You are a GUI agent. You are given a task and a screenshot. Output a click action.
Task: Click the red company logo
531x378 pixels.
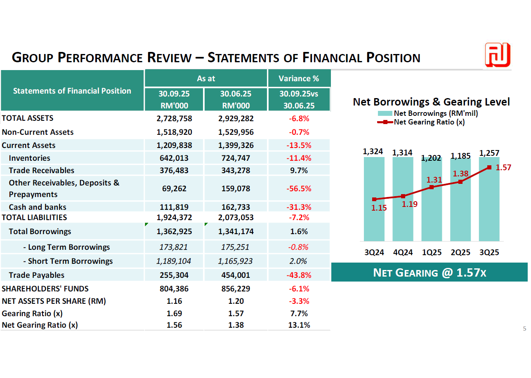coord(498,55)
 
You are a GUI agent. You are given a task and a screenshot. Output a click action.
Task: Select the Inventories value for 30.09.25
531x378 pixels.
coord(174,158)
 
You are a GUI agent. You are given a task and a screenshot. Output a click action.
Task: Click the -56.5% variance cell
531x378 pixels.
coord(299,188)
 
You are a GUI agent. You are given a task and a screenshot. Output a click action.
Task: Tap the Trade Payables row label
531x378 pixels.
coord(37,275)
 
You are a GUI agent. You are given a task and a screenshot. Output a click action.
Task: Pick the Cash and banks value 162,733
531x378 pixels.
coord(236,207)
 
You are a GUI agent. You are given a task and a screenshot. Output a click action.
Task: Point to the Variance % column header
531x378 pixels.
coord(299,78)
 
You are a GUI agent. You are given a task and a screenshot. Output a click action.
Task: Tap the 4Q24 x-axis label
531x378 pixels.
coord(403,252)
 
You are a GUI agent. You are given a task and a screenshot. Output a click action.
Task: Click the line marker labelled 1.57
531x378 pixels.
coord(489,167)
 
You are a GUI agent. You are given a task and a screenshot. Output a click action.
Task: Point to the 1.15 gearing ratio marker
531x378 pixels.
coord(374,200)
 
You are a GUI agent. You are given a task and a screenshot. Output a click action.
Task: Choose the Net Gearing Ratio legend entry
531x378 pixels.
coord(429,122)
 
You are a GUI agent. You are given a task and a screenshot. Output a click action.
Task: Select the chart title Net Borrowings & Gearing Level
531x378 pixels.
coord(431,102)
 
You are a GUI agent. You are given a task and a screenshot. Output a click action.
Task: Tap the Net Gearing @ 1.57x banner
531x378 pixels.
coord(429,272)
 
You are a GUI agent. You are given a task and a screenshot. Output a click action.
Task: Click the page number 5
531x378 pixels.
coord(524,329)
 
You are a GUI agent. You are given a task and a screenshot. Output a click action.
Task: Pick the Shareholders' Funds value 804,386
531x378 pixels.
coord(174,289)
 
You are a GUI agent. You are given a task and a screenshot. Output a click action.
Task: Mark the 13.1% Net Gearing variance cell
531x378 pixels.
coord(299,325)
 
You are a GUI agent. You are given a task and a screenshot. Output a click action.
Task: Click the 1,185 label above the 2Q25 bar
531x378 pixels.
coord(460,156)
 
